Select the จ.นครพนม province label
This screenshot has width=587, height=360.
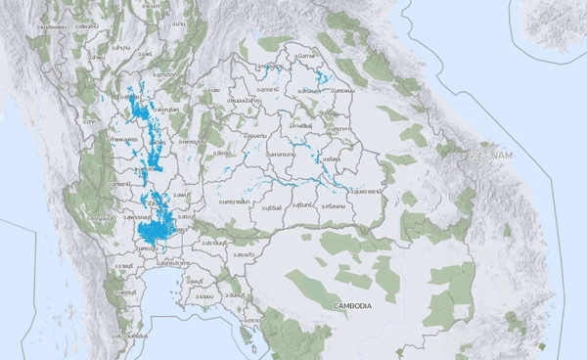[340, 91]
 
